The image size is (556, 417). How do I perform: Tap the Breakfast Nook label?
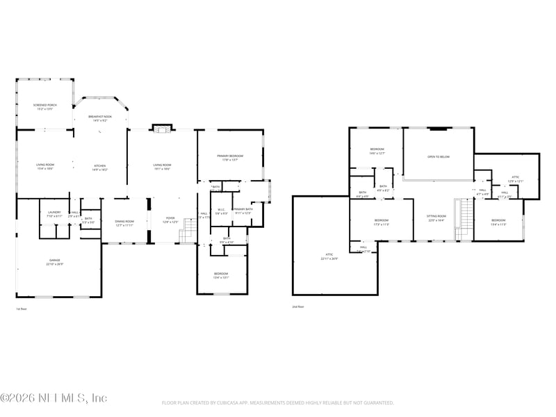point(100,118)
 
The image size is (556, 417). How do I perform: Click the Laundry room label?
point(54,214)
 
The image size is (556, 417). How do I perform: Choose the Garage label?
point(54,262)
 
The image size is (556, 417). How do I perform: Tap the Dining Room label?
point(125,222)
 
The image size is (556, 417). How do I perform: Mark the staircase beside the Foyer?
point(186,236)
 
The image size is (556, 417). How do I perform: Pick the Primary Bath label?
point(243,211)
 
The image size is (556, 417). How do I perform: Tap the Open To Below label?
point(438,157)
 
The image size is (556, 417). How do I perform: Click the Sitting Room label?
point(436,218)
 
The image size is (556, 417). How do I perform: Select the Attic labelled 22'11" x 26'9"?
point(329,257)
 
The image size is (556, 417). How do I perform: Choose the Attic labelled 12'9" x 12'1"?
point(515,179)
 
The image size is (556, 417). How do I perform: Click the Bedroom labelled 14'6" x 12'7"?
point(377,151)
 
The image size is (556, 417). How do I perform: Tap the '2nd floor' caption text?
point(298,306)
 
